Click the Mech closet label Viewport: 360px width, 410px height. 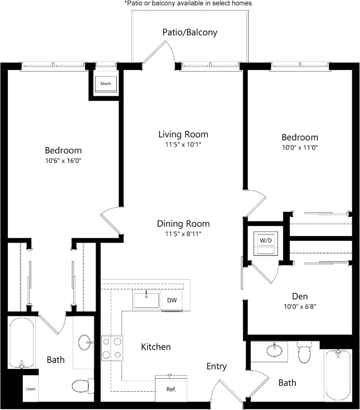coord(106,83)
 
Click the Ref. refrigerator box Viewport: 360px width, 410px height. coord(171,389)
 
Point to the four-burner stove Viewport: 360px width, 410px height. coord(112,348)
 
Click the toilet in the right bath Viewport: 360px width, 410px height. coord(305,352)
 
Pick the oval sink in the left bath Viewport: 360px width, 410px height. coord(85,343)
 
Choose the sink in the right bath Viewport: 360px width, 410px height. coord(274,350)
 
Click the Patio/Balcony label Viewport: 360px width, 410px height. coord(190,32)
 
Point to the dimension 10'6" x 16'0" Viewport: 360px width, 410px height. coord(63,160)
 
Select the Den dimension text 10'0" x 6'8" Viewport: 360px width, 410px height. coord(300,306)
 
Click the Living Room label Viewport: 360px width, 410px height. coord(183,134)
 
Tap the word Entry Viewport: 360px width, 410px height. coord(216,366)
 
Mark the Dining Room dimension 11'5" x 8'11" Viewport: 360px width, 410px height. coord(183,234)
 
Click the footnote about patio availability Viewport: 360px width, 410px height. coord(189,3)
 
